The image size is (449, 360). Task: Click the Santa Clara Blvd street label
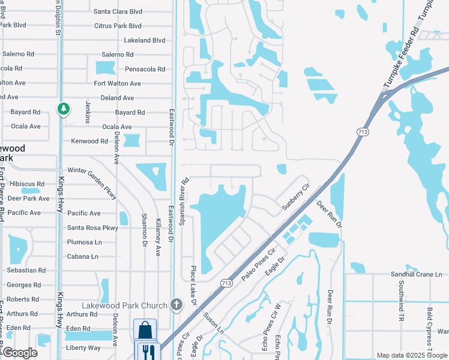[118, 11]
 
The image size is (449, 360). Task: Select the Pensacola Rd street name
[145, 69]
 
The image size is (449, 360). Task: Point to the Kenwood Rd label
[89, 141]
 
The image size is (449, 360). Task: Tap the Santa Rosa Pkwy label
[92, 228]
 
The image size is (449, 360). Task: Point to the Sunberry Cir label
[295, 197]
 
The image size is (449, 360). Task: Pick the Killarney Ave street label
[158, 230]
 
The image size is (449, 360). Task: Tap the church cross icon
[176, 305]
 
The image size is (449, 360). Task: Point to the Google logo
[19, 353]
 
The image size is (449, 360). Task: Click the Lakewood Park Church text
[125, 305]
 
